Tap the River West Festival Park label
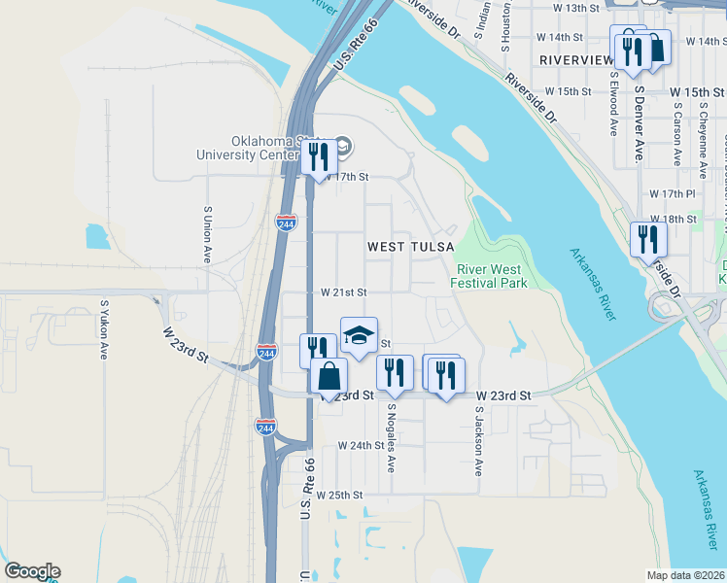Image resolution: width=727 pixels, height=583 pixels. click(488, 276)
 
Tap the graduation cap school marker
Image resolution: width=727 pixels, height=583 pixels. click(359, 336)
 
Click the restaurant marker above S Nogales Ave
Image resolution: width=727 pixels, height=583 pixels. click(395, 372)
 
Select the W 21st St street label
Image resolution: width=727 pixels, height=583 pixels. click(343, 291)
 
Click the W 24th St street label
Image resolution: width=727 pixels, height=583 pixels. click(362, 445)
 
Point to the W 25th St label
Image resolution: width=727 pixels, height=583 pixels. click(338, 495)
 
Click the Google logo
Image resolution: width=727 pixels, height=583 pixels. click(32, 571)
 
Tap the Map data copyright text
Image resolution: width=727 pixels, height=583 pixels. click(686, 575)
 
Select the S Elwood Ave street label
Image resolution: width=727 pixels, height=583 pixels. click(613, 106)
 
